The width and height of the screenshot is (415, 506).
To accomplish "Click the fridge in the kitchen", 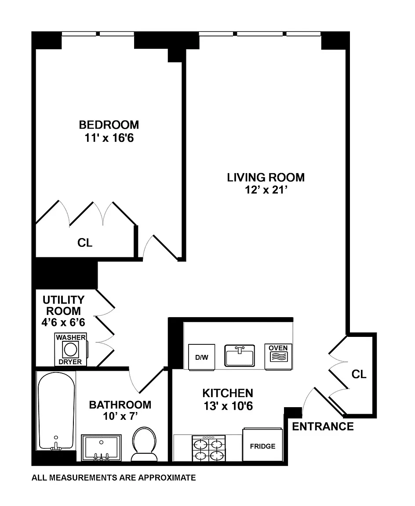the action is (x=262, y=445).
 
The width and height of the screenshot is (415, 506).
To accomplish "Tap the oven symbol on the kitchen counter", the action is (x=278, y=356).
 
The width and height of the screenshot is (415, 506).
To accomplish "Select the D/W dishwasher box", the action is (x=201, y=357).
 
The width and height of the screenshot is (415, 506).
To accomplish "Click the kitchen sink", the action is (x=240, y=356).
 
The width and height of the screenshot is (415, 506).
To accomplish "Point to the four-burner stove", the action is (x=209, y=448).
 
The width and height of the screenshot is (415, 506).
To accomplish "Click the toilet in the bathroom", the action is (x=144, y=445).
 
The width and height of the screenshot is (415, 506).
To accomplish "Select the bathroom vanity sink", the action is (x=102, y=448).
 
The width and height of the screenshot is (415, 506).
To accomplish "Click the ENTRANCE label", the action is (x=323, y=426).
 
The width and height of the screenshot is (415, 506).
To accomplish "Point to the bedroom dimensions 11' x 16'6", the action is (x=109, y=138).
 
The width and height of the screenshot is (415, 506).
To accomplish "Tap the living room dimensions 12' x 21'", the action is (x=266, y=190).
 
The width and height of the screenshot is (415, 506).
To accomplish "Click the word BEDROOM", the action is (x=109, y=125).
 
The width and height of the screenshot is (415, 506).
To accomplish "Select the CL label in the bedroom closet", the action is (x=85, y=242).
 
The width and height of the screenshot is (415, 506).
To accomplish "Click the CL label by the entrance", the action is (x=359, y=374).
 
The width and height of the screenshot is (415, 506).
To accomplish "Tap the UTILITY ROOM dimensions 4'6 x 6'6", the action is (x=63, y=322).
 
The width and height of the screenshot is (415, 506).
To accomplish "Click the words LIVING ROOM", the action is (x=266, y=177).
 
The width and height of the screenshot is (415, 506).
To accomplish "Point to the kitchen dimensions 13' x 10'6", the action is (x=228, y=406).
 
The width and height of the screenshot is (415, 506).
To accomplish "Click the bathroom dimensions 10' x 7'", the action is (x=120, y=416).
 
